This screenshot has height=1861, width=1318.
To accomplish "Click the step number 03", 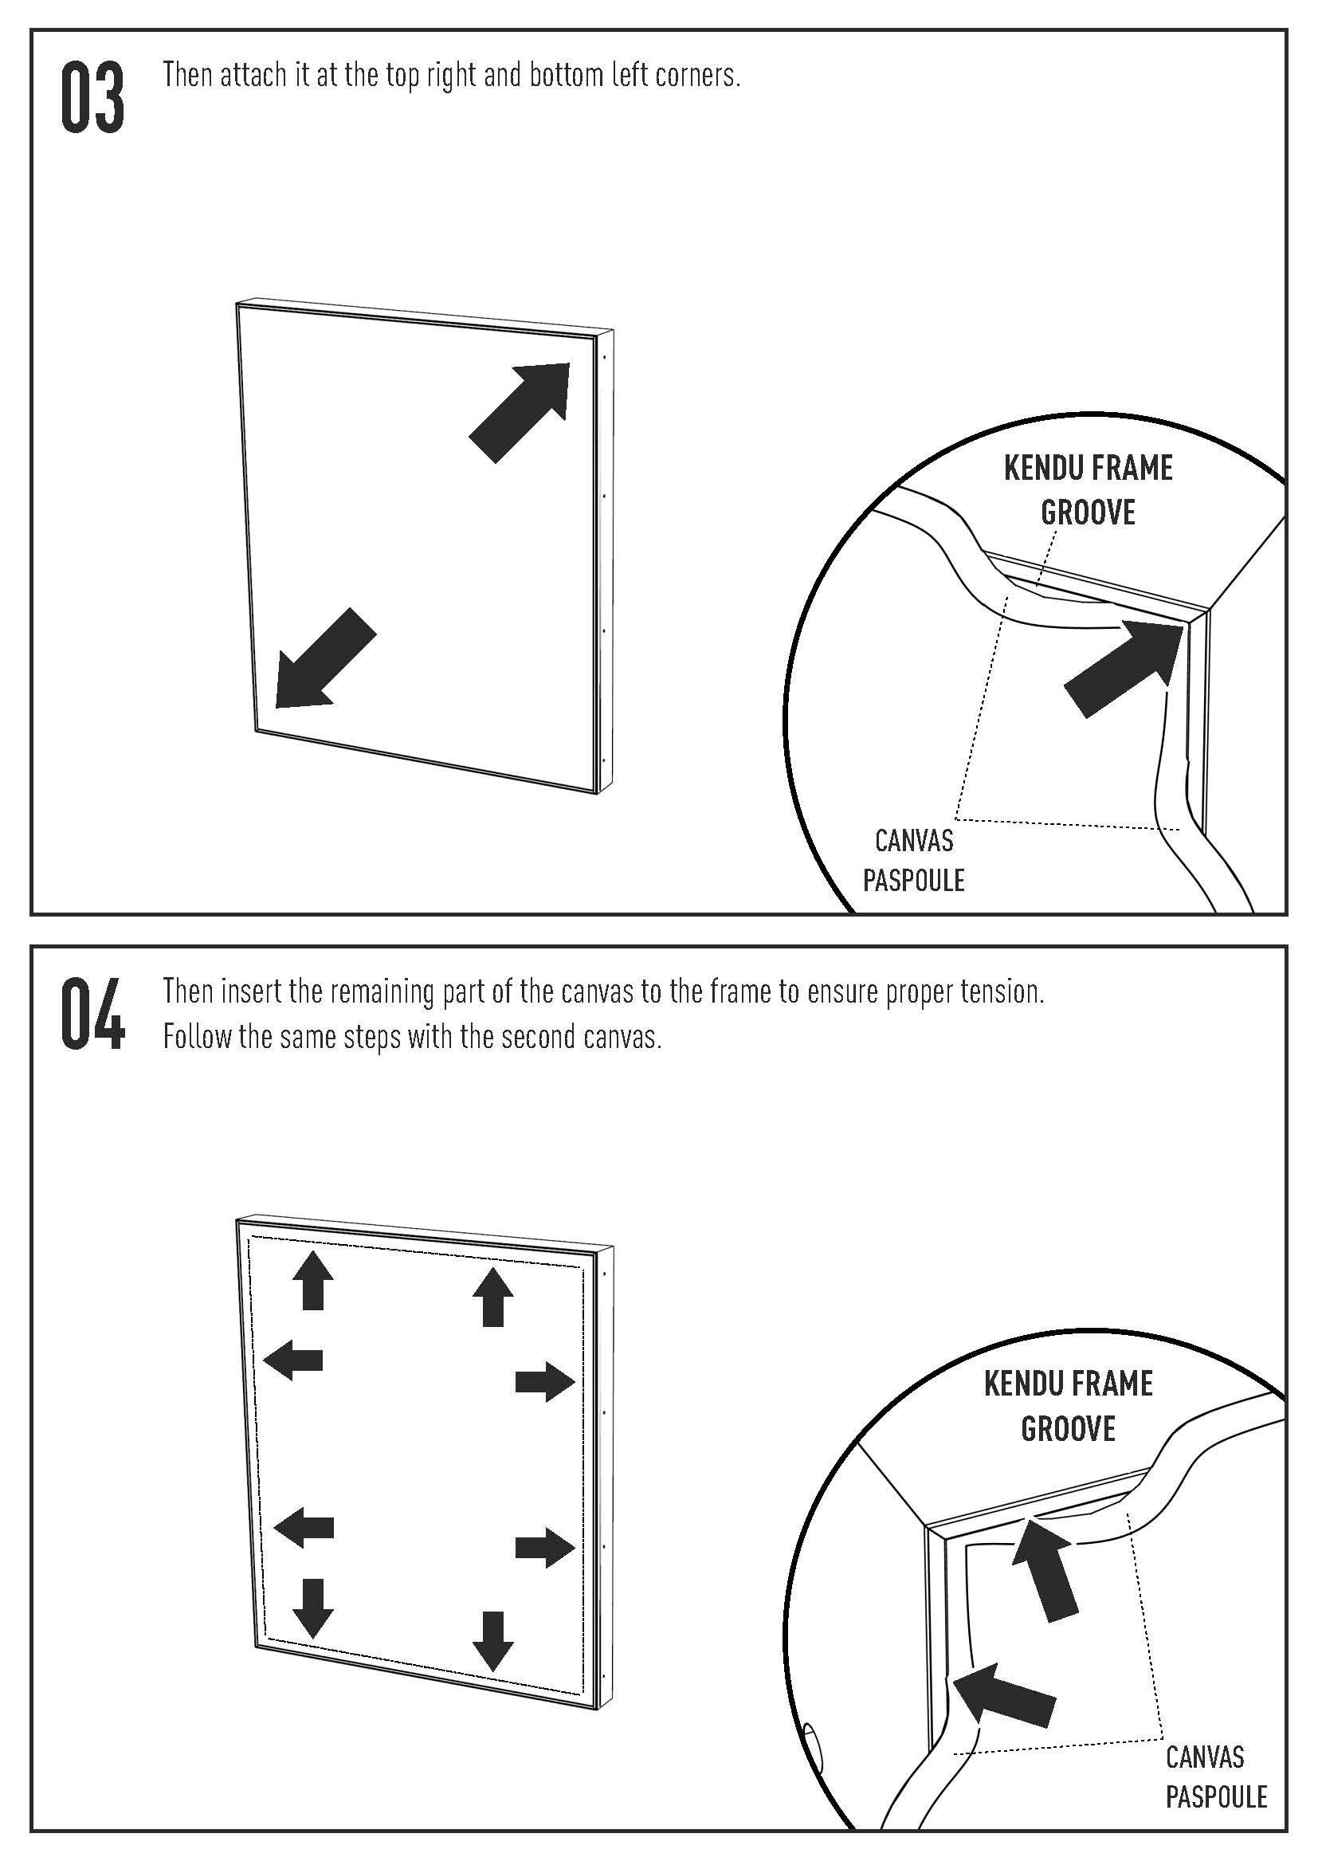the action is [x=92, y=97].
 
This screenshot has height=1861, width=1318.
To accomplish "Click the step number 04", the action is [x=92, y=1015].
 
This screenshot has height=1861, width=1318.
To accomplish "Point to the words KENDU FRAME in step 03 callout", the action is [x=1088, y=469].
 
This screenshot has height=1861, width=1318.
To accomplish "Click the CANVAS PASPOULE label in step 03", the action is [x=914, y=860].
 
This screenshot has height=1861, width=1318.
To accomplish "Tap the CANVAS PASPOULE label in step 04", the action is [x=1216, y=1777].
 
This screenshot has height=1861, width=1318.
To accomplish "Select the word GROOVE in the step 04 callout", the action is [x=1068, y=1428].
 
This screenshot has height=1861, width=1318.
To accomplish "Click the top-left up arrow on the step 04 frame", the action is [x=312, y=1280].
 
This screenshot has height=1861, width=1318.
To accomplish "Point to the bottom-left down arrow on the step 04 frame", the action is [x=312, y=1607].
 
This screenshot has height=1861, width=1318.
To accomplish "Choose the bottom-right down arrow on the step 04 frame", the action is [x=492, y=1639].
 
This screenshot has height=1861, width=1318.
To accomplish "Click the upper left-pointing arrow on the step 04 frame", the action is [x=294, y=1360].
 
